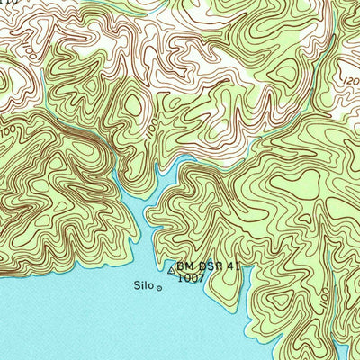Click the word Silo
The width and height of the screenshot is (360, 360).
pos(142,287)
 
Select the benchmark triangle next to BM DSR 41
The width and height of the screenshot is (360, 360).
pos(172,268)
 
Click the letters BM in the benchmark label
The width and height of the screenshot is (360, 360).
pos(184,266)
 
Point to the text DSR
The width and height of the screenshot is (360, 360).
pos(207,266)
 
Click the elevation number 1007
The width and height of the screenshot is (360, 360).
pos(189,279)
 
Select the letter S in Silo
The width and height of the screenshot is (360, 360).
pos(136,287)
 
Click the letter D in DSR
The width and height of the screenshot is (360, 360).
pos(199,266)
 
